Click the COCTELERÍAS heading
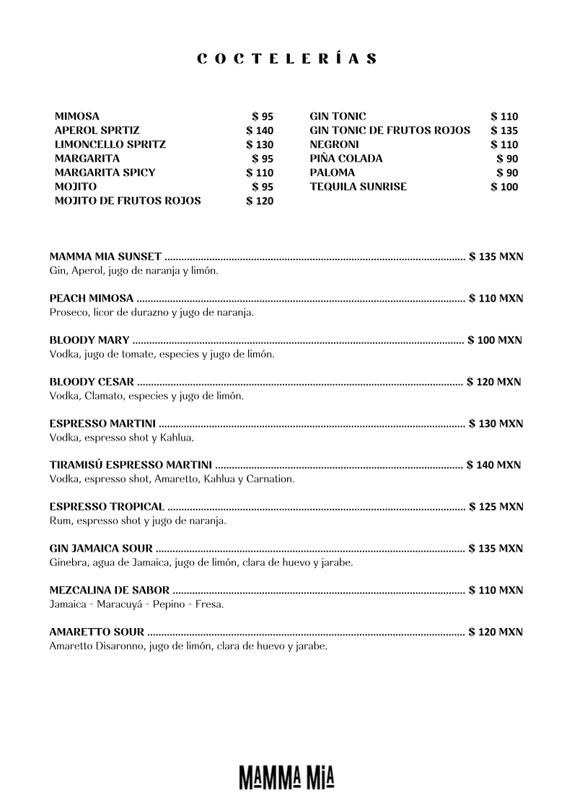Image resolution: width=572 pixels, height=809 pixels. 286,60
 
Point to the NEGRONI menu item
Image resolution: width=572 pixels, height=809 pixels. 334,144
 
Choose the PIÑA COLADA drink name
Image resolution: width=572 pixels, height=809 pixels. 346,159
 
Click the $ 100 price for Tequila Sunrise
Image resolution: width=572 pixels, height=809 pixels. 504,187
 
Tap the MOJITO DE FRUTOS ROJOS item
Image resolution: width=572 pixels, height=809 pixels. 128,201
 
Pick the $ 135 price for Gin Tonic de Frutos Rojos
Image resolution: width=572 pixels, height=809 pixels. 504,131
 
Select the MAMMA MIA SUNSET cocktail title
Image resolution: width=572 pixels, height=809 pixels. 105,257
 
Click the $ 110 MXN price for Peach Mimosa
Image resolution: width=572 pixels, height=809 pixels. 496,299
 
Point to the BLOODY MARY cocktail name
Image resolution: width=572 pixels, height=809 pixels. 89,340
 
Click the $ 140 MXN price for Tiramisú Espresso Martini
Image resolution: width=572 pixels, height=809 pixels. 493,465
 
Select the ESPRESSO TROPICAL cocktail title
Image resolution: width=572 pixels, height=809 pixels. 107,507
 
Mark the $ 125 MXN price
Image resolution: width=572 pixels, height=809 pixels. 496,507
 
